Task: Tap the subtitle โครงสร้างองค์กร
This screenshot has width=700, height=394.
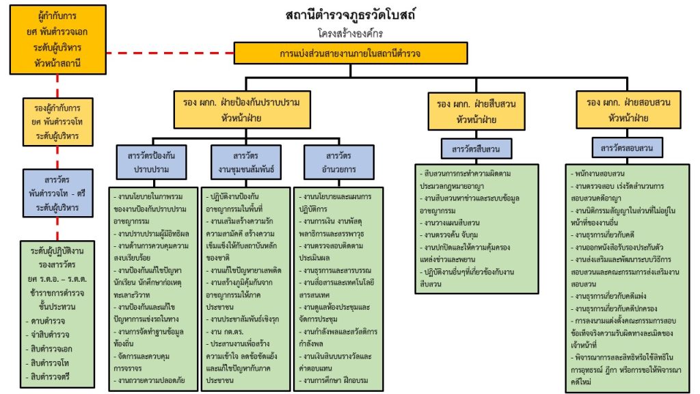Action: (x=351, y=32)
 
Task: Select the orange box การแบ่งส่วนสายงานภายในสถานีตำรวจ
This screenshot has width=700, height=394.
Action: (x=350, y=53)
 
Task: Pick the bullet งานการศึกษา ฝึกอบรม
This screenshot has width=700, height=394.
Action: (x=336, y=379)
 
